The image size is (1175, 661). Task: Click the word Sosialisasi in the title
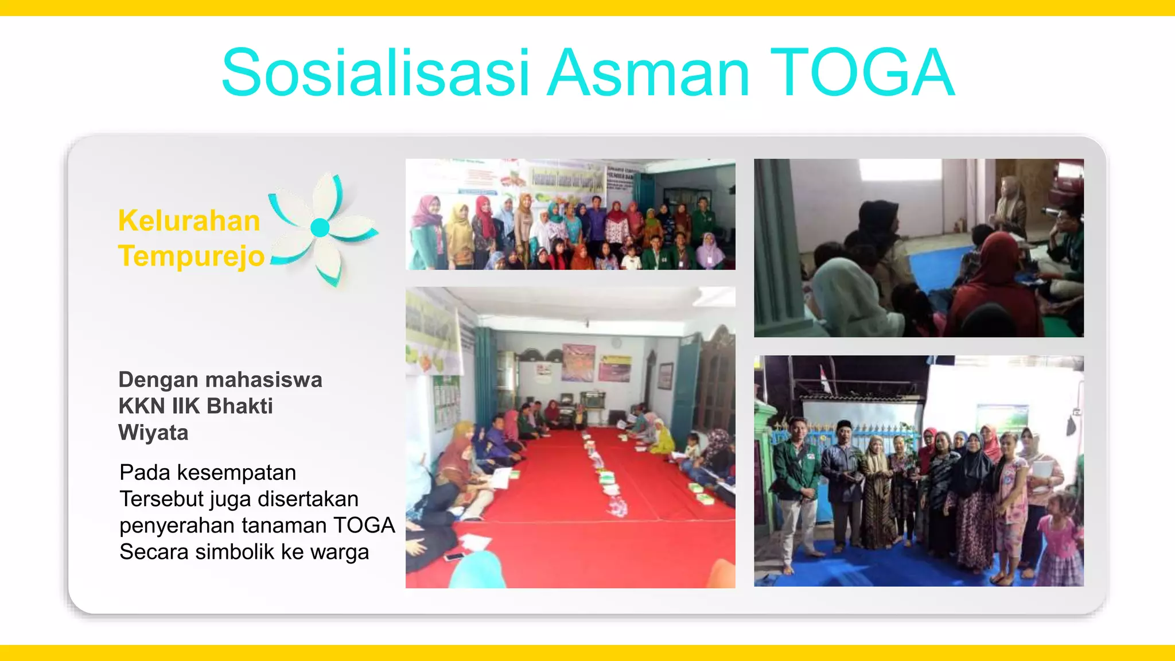pyautogui.click(x=376, y=73)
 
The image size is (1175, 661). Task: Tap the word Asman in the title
pyautogui.click(x=648, y=73)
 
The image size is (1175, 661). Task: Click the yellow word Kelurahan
pyautogui.click(x=189, y=221)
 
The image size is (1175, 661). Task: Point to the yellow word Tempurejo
pyautogui.click(x=191, y=256)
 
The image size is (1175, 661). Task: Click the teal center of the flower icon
pyautogui.click(x=320, y=228)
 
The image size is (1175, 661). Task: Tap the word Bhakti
pyautogui.click(x=239, y=406)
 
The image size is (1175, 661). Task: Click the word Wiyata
pyautogui.click(x=153, y=433)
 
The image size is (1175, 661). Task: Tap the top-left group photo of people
pyautogui.click(x=570, y=215)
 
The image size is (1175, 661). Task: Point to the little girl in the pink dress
pyautogui.click(x=1060, y=539)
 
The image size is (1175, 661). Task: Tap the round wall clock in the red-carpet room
pyautogui.click(x=616, y=343)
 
